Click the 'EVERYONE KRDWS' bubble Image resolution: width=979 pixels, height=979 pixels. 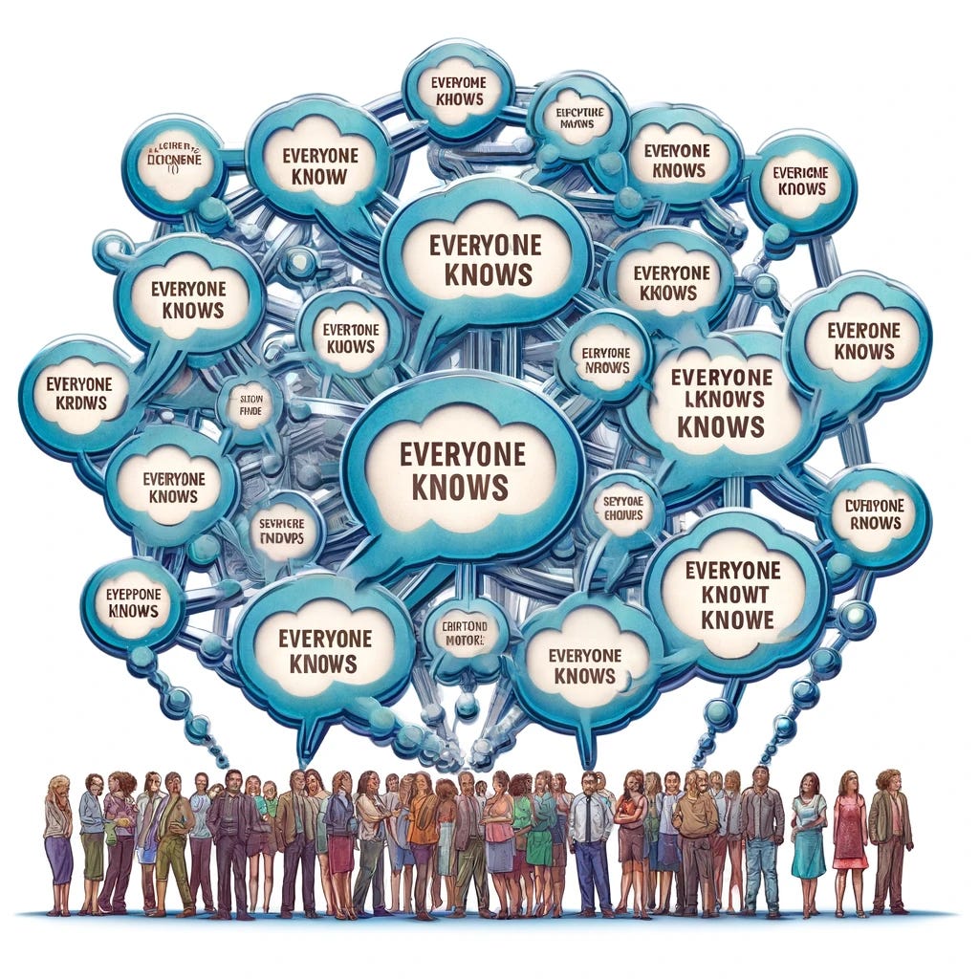point(78,395)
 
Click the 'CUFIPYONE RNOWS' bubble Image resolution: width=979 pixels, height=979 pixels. point(875,514)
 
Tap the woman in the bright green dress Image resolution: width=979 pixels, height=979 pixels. point(540,841)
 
